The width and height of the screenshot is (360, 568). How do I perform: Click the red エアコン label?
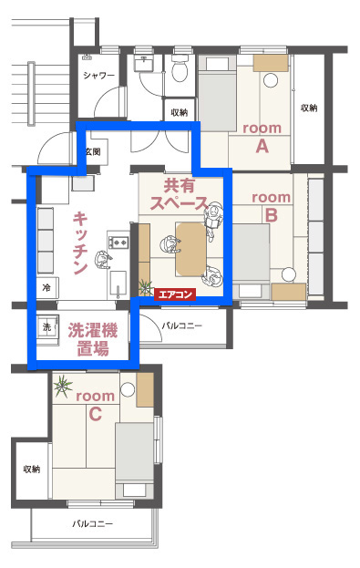point(175,294)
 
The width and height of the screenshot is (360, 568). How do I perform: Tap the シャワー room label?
point(98,76)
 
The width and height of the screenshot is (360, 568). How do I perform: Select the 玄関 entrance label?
point(93,151)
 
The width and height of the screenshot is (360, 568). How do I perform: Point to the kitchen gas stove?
point(118,242)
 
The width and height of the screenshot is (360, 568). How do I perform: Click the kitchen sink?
point(118,284)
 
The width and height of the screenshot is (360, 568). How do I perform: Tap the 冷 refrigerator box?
point(46,288)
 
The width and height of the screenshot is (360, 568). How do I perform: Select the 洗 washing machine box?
point(47,326)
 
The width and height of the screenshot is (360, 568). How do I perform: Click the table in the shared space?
point(190,249)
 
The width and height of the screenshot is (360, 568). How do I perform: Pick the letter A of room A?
point(262,147)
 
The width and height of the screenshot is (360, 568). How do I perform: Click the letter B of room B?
point(272,215)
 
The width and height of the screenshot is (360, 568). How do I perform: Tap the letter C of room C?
point(95,414)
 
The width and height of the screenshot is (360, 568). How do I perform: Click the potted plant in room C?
point(63,387)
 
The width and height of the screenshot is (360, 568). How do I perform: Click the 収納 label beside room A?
point(309,108)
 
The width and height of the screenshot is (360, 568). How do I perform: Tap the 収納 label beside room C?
point(32,470)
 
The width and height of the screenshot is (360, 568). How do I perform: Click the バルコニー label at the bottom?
point(92,524)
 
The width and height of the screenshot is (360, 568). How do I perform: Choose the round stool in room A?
point(271,80)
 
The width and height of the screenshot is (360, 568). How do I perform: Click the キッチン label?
point(80,243)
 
